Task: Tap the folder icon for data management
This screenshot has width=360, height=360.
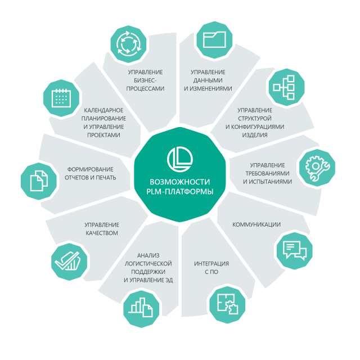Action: [214, 39]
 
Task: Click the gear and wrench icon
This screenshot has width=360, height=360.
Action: [317, 168]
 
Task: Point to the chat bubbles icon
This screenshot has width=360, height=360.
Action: [295, 250]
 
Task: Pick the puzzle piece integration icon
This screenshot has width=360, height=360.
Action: [227, 304]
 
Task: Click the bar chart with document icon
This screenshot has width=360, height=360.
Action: [141, 308]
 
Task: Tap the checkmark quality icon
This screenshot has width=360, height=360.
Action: [68, 261]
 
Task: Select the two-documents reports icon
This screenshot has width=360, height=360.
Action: [39, 181]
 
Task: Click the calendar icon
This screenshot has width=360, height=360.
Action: [61, 98]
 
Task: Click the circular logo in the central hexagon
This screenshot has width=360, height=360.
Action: [180, 159]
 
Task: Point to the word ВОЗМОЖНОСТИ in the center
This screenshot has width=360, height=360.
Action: [180, 182]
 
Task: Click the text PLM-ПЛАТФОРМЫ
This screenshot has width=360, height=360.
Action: [180, 191]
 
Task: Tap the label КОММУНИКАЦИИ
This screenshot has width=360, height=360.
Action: [256, 224]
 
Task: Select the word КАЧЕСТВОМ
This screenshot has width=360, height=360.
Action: [102, 233]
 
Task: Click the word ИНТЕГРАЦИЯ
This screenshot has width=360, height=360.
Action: [211, 264]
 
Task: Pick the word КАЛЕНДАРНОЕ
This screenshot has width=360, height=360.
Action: [103, 110]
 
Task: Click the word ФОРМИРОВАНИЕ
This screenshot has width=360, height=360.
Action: [90, 169]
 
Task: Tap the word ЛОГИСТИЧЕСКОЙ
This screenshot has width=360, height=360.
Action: [148, 264]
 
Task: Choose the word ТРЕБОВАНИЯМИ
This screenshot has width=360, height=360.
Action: [268, 173]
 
